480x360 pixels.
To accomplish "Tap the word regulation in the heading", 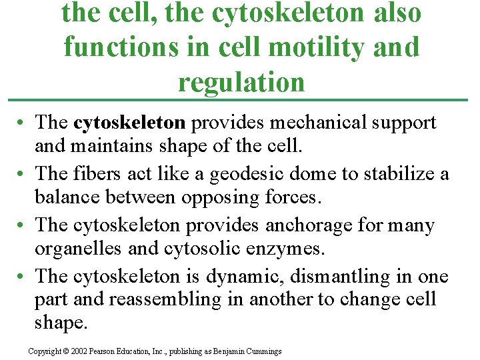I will coord(241,82).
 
